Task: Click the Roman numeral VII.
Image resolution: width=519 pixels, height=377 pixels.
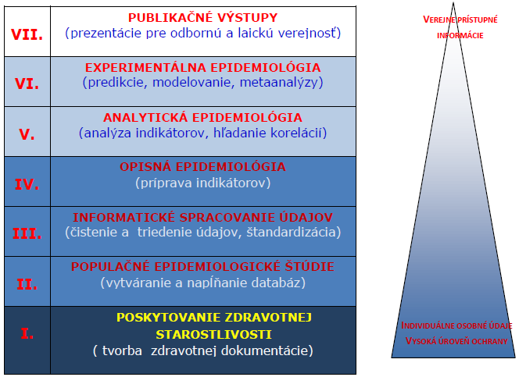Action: point(27,34)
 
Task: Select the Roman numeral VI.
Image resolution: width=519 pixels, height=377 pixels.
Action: point(27,84)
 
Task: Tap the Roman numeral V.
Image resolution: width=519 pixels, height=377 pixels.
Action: point(27,134)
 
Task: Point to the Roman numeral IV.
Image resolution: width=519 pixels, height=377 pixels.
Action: point(27,184)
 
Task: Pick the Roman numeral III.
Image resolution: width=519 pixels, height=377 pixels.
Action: point(27,233)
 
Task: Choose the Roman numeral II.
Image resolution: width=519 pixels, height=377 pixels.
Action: point(27,284)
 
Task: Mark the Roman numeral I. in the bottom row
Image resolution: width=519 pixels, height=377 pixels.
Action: point(27,333)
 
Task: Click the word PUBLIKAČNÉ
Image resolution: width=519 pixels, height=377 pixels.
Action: point(169,17)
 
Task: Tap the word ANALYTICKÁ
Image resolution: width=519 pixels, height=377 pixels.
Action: point(145,117)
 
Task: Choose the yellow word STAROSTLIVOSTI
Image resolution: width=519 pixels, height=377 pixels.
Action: point(214,334)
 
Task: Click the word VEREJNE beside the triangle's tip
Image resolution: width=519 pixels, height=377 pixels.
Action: point(439,20)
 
